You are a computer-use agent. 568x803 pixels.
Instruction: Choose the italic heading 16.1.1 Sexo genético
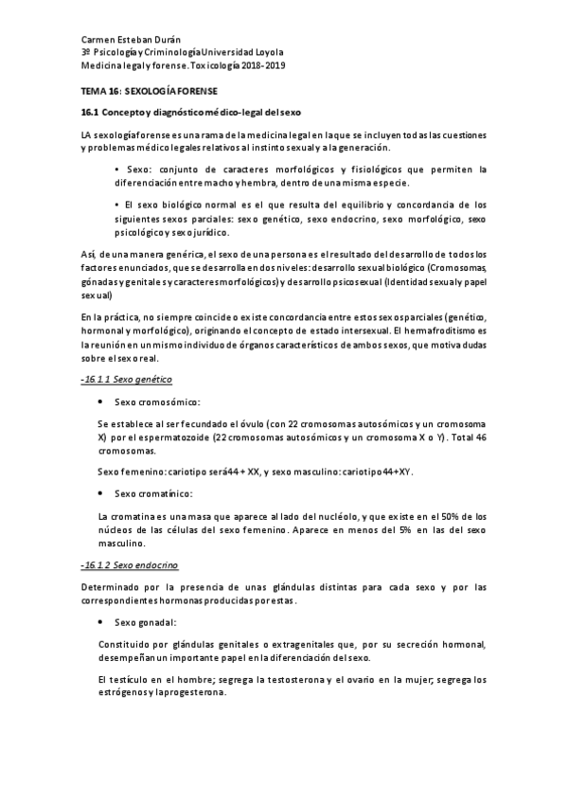(x=122, y=379)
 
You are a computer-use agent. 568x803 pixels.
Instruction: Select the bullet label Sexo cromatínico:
(x=153, y=494)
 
